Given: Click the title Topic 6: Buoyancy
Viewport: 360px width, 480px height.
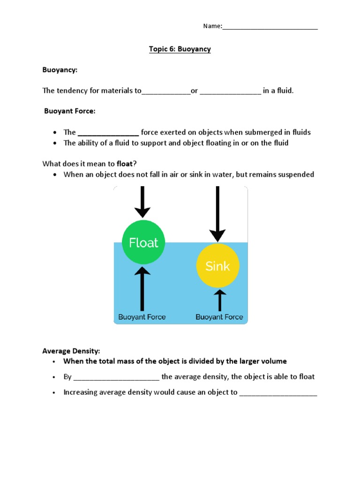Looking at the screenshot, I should (180, 49).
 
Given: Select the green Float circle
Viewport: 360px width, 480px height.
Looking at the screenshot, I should (143, 242).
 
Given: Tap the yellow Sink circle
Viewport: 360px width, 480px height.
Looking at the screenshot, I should (217, 266).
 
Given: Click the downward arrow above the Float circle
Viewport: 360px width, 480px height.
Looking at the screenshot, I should (143, 202).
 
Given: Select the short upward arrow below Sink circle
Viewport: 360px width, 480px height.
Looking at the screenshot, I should (219, 300).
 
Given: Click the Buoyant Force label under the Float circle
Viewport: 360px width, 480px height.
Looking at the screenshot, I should (142, 317).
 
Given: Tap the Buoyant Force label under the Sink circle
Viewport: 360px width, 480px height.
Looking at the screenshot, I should (219, 317).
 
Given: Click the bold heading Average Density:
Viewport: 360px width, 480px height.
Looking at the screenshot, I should (71, 351).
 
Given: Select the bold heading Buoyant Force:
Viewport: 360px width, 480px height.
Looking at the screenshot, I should (70, 111).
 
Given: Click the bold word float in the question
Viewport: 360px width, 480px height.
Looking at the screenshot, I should (125, 164).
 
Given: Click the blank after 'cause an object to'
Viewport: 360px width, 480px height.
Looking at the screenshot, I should (278, 393).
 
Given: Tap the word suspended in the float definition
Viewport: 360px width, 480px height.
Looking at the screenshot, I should (296, 174).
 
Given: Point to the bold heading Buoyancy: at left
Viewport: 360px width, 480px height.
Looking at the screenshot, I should (60, 70).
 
